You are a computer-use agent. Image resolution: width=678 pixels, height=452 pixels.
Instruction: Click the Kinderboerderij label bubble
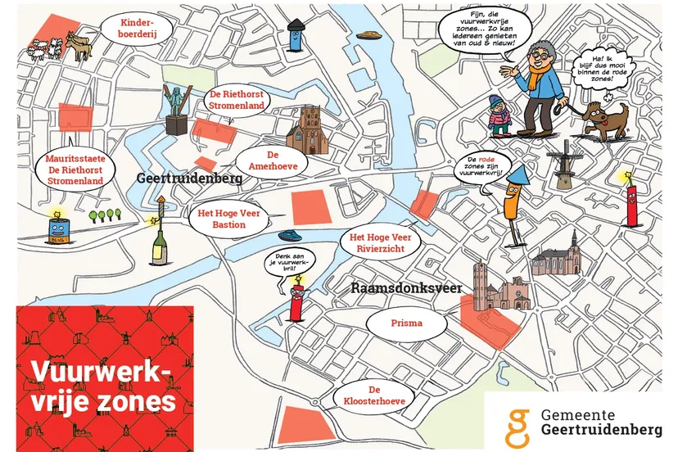pyautogui.click(x=137, y=30)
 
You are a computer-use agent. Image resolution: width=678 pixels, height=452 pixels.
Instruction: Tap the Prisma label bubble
pyautogui.click(x=407, y=323)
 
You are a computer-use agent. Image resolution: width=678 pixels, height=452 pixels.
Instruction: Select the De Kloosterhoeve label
pyautogui.click(x=374, y=396)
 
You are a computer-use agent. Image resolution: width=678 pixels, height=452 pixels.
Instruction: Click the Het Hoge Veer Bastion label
pyautogui.click(x=228, y=219)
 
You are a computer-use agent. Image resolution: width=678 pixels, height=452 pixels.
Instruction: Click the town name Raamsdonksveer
pyautogui.click(x=407, y=287)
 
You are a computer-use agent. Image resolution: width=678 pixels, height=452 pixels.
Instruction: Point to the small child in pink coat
pyautogui.click(x=498, y=114)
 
